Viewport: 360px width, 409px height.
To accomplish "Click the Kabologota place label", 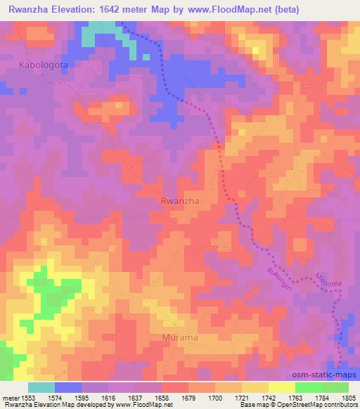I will click(x=40, y=65).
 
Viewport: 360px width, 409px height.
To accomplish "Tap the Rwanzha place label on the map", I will click(x=181, y=200).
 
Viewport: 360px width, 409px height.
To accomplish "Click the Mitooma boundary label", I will click(x=329, y=280).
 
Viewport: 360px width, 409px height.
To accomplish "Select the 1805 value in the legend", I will click(x=348, y=397).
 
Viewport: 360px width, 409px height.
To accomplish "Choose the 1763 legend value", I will click(x=295, y=397).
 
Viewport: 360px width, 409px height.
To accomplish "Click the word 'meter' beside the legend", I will click(x=11, y=397).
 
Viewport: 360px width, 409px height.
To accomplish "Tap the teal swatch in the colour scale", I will click(x=41, y=387).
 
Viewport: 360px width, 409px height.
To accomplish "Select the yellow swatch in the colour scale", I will click(x=281, y=387).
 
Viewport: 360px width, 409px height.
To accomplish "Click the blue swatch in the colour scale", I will click(x=67, y=387).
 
